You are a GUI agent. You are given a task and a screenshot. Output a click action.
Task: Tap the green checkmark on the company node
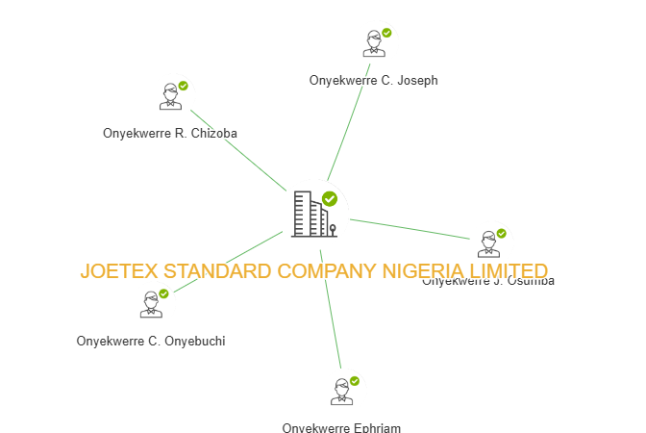pos(330,199)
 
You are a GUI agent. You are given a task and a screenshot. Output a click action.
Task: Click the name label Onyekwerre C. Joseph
pos(374,81)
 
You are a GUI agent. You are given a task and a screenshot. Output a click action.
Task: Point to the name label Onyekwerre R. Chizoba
pos(170,134)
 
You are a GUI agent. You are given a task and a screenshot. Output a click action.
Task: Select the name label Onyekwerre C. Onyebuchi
pos(151,341)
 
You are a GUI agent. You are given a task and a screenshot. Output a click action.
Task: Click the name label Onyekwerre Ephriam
pos(341,427)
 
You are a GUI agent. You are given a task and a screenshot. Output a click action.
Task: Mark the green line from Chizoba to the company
pos(238,151)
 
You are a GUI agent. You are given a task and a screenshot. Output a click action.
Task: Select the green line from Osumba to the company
pos(409,228)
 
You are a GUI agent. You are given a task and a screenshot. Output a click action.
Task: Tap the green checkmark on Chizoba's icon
pos(183,86)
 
